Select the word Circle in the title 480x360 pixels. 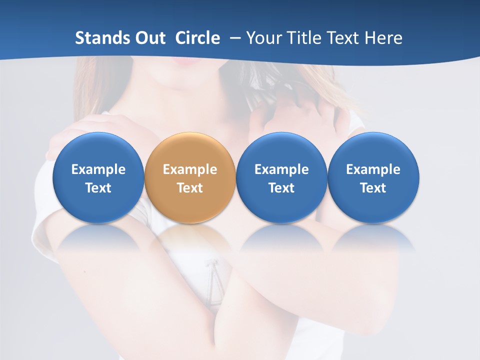(x=197, y=38)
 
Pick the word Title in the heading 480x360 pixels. (x=306, y=38)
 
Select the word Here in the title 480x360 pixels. (x=384, y=38)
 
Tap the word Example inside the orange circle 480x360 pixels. (x=190, y=169)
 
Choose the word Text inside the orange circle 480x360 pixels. (x=190, y=188)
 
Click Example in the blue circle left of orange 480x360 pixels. (x=98, y=169)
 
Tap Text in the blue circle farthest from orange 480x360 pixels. (x=373, y=188)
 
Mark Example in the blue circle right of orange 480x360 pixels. (x=281, y=169)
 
